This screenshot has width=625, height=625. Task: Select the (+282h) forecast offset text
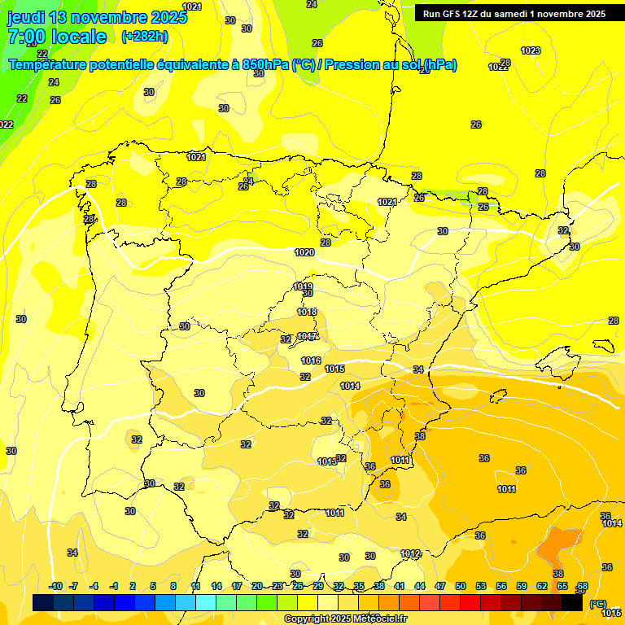coord(144,37)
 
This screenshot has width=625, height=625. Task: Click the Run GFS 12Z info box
coord(514,14)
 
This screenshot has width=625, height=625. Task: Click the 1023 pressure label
coord(531,50)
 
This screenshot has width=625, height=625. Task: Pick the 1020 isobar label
coord(304,253)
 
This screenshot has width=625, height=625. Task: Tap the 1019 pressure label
coord(302,286)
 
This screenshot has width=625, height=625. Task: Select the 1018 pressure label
coord(307,312)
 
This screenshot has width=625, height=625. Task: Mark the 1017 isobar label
coord(308,336)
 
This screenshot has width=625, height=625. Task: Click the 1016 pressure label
coord(311,361)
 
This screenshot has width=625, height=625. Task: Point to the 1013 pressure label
coord(327,461)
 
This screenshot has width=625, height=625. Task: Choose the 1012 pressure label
coord(410,553)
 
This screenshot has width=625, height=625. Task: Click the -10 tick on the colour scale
coord(55,587)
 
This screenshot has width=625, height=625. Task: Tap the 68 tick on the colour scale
coord(583,587)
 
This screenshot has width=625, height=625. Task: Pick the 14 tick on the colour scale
coord(216,587)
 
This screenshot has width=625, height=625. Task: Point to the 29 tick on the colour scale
coord(318,587)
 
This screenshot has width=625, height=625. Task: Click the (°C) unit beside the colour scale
coord(597,604)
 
